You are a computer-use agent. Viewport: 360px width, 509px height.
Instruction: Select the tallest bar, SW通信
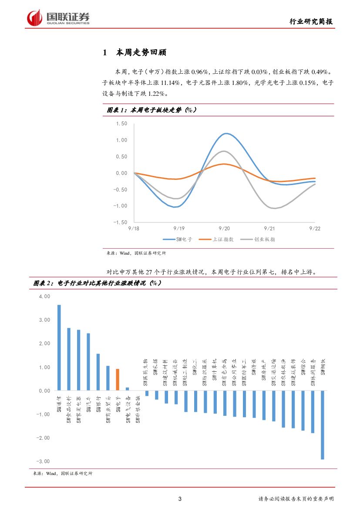pyautogui.click(x=59, y=347)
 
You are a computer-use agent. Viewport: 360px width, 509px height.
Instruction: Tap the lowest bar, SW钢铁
pyautogui.click(x=323, y=425)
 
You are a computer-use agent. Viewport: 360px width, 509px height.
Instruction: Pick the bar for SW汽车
pyautogui.click(x=88, y=362)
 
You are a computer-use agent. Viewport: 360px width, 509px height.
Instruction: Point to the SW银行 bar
pyautogui.click(x=98, y=372)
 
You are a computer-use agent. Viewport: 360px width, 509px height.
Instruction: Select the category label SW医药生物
pyautogui.click(x=146, y=372)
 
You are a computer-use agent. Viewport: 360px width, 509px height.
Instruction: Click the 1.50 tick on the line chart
pyautogui.click(x=121, y=124)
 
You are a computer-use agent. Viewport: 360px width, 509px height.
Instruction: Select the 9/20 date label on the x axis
pyautogui.click(x=224, y=228)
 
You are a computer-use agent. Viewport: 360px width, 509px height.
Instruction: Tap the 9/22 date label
pyautogui.click(x=315, y=228)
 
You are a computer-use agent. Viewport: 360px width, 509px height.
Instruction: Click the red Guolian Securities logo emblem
pyautogui.click(x=34, y=17)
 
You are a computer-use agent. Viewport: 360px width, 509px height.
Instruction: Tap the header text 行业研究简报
pyautogui.click(x=312, y=22)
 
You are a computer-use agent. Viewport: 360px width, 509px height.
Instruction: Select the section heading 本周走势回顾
pyautogui.click(x=141, y=53)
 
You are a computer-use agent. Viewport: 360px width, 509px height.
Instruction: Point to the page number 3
pyautogui.click(x=180, y=499)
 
